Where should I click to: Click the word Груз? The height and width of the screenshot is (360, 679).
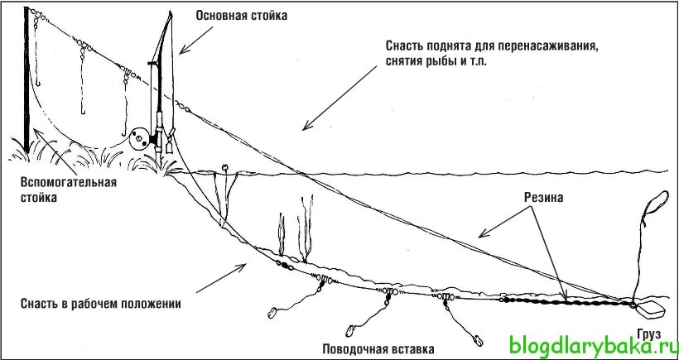pos(650,334)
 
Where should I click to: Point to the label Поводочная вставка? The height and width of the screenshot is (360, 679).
pos(378,348)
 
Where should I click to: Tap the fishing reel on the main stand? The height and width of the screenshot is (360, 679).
pos(141,136)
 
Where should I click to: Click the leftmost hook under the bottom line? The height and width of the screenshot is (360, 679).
pos(272,313)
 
